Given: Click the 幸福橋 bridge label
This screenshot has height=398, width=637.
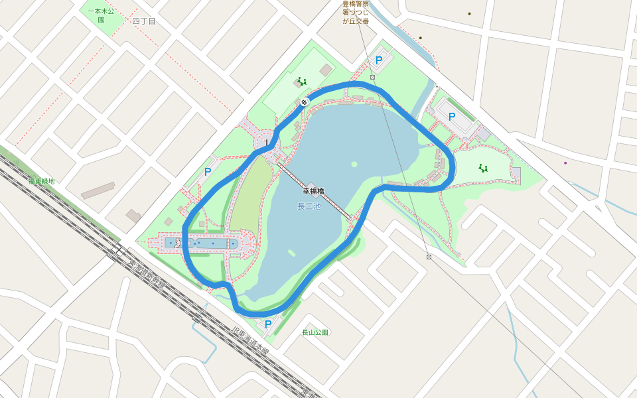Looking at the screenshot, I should [x=313, y=191].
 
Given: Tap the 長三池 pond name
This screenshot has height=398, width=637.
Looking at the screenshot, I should [x=309, y=207].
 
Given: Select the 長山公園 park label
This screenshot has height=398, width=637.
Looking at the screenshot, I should [x=315, y=332].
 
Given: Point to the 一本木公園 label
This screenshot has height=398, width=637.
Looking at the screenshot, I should [x=101, y=15].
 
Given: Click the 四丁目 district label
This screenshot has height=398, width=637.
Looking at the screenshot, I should [x=143, y=21].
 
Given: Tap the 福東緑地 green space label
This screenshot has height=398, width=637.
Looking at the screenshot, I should [x=41, y=181].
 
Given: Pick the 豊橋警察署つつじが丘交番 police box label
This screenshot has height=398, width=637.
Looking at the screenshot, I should [x=356, y=13].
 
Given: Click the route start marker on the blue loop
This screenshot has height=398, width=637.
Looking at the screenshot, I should [x=304, y=101].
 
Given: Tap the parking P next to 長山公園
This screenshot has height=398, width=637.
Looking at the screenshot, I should [x=268, y=324].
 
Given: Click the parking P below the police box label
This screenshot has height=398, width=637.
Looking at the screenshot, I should [x=379, y=60].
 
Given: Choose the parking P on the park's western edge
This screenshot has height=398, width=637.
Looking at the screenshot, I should [x=208, y=172].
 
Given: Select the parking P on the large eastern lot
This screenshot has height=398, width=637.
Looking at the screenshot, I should [x=452, y=117].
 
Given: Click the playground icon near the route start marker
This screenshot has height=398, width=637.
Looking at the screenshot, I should [x=302, y=82].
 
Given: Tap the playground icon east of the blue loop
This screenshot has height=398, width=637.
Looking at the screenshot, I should [x=483, y=168].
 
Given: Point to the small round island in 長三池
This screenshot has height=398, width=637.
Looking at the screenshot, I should [x=354, y=164].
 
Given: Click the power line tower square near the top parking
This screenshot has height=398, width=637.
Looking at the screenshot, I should [x=373, y=78].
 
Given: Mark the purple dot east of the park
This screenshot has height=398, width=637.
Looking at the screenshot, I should [x=565, y=163].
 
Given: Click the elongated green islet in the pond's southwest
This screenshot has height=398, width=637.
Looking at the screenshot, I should [x=291, y=253].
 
